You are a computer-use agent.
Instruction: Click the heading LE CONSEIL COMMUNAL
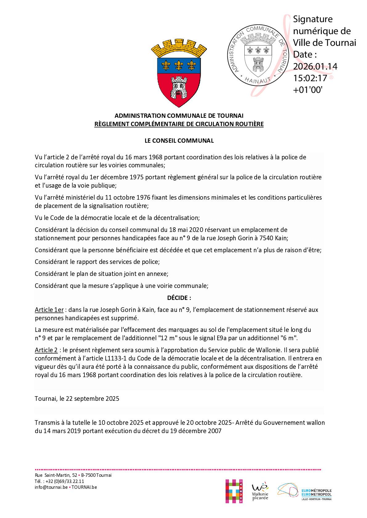point(179,141)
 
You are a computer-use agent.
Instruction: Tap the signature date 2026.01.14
point(315,66)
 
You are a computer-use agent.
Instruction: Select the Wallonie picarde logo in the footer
point(260,492)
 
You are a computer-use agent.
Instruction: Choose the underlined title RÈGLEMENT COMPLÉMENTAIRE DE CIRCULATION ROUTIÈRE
point(179,124)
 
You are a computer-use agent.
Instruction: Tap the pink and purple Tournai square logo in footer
point(234,491)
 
